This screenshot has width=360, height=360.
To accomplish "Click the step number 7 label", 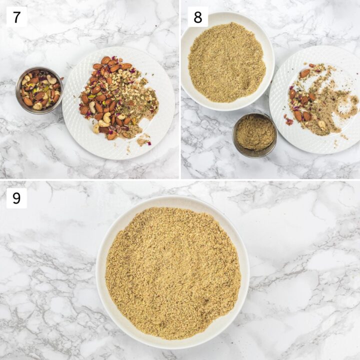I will point(16,17).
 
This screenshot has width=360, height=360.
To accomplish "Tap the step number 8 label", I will point(197,17).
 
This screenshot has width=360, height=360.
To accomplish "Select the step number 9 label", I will point(16,198).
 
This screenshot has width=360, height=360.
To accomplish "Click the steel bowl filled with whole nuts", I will point(39,90).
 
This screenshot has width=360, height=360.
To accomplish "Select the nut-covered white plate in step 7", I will point(118,102).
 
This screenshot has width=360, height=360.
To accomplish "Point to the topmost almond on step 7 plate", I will point(105,60).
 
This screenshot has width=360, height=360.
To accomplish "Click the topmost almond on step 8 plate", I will point(304,73).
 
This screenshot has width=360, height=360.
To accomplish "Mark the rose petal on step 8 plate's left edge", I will point(289,121).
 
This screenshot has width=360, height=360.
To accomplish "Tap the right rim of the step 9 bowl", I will point(245,272).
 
